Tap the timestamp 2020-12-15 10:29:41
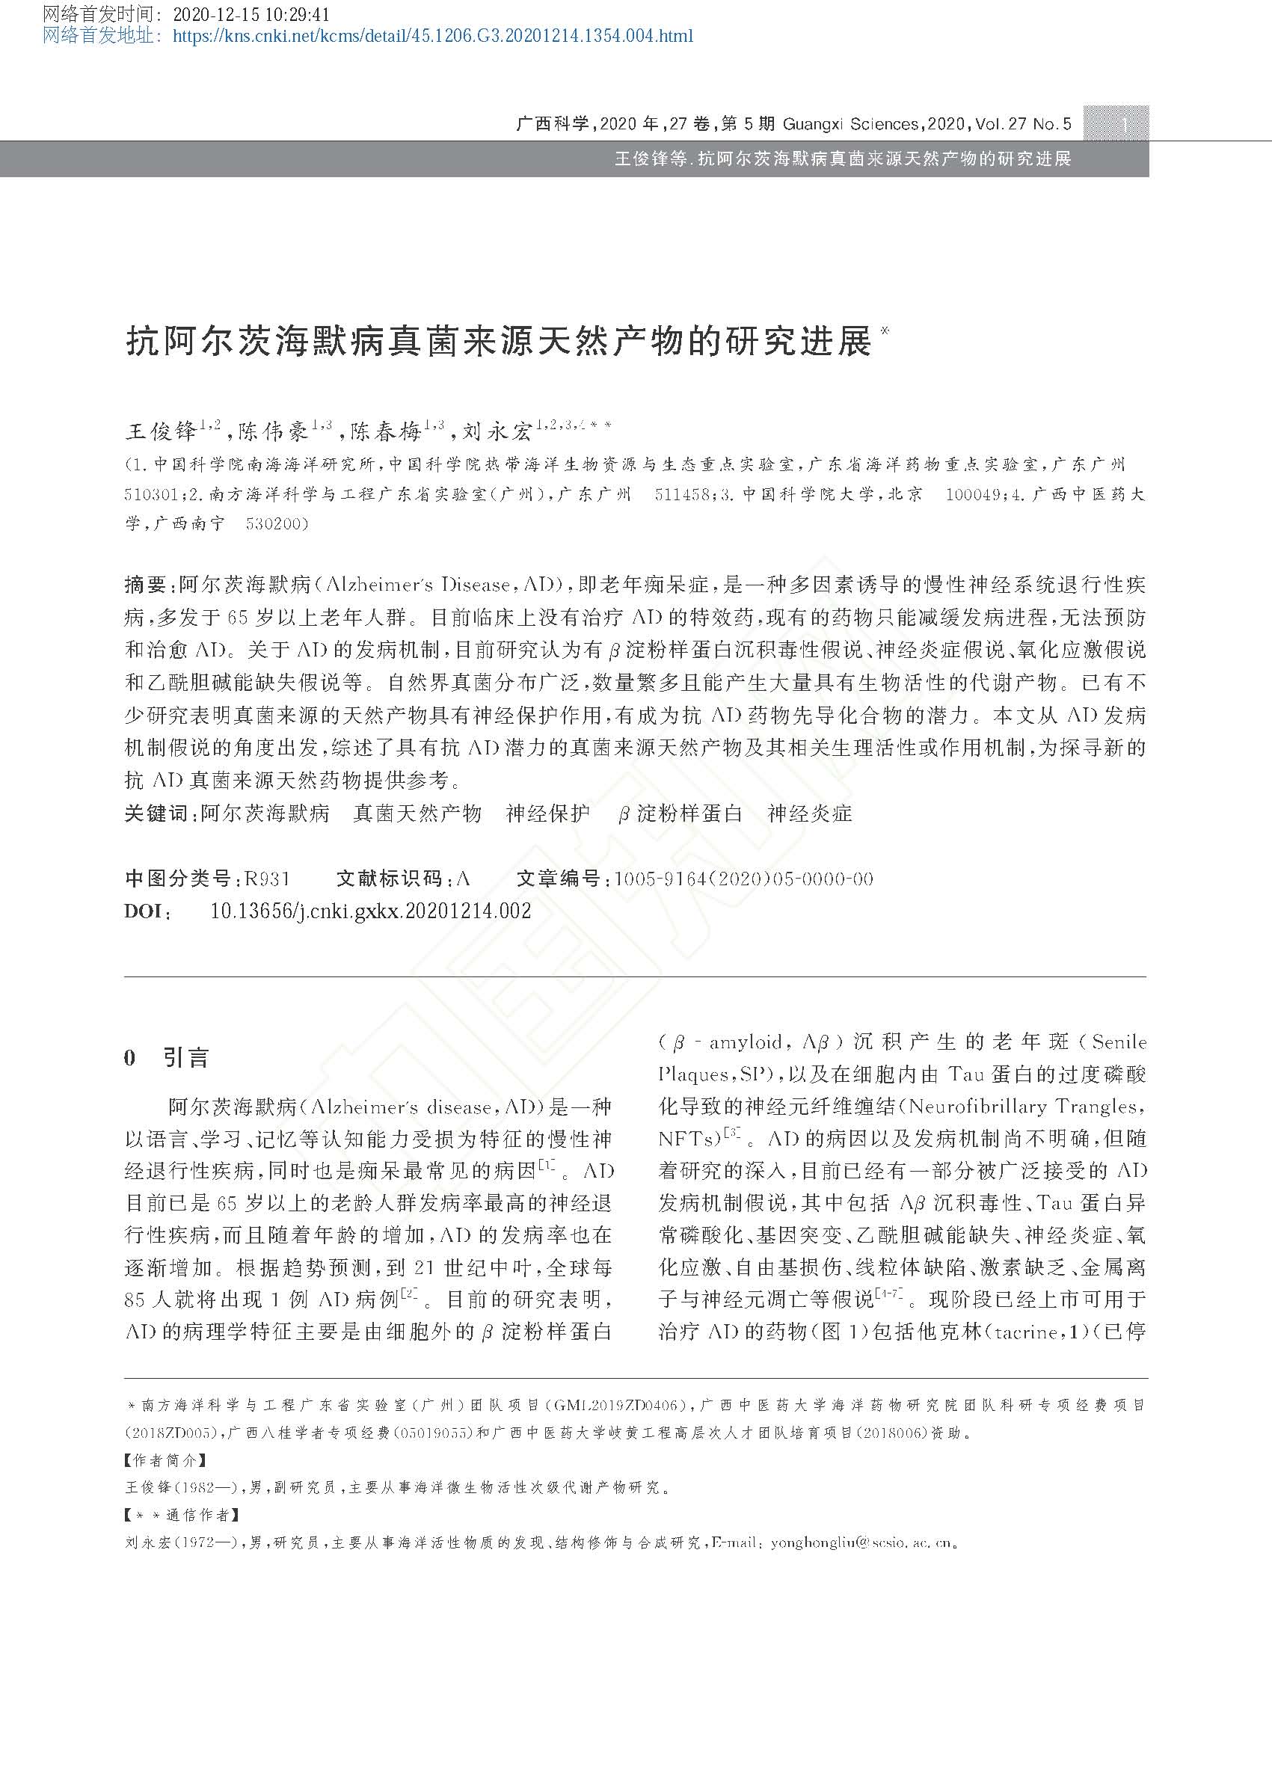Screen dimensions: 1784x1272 pyautogui.click(x=251, y=15)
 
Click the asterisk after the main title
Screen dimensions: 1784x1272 pyautogui.click(x=886, y=331)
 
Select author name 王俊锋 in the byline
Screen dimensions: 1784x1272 pyautogui.click(x=162, y=431)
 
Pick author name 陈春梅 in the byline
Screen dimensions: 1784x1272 pyautogui.click(x=386, y=431)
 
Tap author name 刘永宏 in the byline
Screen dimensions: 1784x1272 pyautogui.click(x=497, y=431)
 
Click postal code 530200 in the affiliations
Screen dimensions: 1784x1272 pyautogui.click(x=277, y=523)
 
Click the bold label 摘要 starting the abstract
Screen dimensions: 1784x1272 pyautogui.click(x=145, y=584)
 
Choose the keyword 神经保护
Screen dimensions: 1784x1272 pyautogui.click(x=547, y=813)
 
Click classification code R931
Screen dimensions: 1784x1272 pyautogui.click(x=267, y=879)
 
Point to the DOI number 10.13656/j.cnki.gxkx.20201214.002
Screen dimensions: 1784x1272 pyautogui.click(x=371, y=910)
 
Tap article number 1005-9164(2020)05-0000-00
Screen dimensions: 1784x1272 pyautogui.click(x=743, y=879)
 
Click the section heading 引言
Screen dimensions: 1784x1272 pyautogui.click(x=186, y=1058)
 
